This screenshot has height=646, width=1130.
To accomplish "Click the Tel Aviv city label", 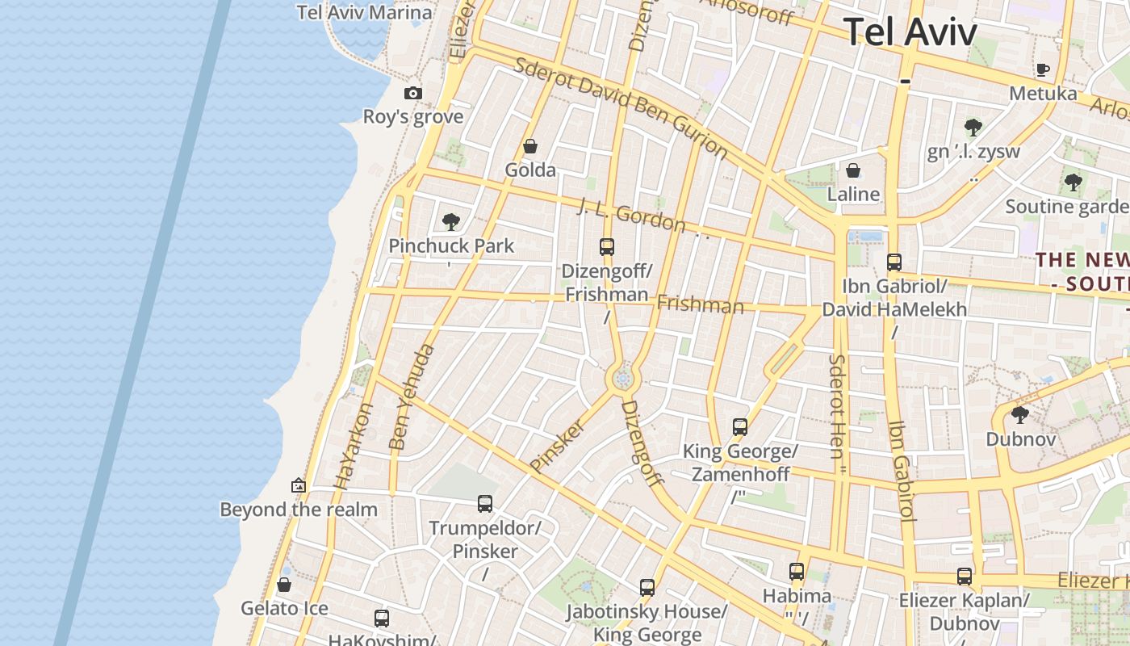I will pyautogui.click(x=910, y=32).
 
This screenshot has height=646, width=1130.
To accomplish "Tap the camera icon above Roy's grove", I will pyautogui.click(x=413, y=93).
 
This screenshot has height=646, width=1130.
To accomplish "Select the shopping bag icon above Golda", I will pyautogui.click(x=530, y=146).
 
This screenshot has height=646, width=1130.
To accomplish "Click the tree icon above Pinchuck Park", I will pyautogui.click(x=451, y=221).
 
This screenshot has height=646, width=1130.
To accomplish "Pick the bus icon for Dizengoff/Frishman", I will pyautogui.click(x=607, y=247).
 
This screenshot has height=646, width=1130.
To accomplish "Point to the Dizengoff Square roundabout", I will pyautogui.click(x=622, y=379).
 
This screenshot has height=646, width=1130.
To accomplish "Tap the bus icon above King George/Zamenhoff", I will pyautogui.click(x=740, y=427).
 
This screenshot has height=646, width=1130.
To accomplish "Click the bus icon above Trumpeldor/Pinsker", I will pyautogui.click(x=485, y=504).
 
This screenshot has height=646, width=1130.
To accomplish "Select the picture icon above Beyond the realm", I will pyautogui.click(x=299, y=485).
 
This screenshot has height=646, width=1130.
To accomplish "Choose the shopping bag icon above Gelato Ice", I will pyautogui.click(x=284, y=585).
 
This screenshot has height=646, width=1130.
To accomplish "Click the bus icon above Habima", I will pyautogui.click(x=797, y=572).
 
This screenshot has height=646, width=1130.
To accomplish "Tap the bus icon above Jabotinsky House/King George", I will pyautogui.click(x=647, y=588).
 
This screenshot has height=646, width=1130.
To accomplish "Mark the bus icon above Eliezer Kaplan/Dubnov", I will pyautogui.click(x=965, y=577).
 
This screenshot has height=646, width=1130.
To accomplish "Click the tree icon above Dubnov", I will pyautogui.click(x=1020, y=415).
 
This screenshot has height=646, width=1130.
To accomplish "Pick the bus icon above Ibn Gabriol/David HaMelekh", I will pyautogui.click(x=894, y=262).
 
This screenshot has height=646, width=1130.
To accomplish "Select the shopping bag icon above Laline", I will pyautogui.click(x=853, y=170).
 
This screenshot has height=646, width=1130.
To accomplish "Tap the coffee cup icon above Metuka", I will pyautogui.click(x=1043, y=69).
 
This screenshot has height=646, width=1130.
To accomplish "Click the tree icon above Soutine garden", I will pyautogui.click(x=1073, y=182).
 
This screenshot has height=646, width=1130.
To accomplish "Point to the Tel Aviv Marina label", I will pyautogui.click(x=364, y=12).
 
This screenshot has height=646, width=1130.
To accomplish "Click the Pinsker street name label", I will pyautogui.click(x=557, y=445).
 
